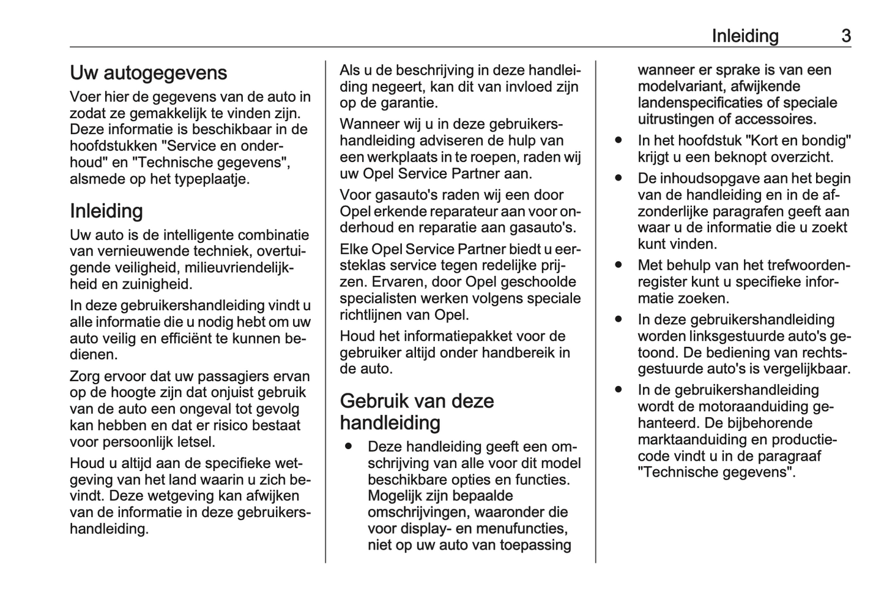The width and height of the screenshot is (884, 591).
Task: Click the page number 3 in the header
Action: [845, 36]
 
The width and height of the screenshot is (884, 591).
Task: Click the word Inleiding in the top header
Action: [745, 36]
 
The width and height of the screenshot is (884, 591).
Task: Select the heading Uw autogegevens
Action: [148, 73]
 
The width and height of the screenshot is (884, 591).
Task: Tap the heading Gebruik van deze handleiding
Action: [417, 412]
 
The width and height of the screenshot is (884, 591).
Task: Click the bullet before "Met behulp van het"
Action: [619, 266]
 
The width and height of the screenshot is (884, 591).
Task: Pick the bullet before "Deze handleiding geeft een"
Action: [349, 447]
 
